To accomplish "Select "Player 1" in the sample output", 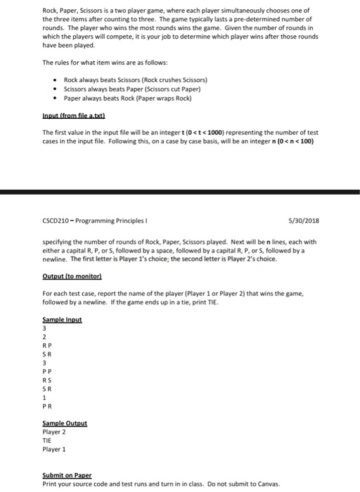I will pos(55,451).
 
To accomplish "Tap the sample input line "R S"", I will pos(47,381).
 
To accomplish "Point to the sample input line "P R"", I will pos(47,406).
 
